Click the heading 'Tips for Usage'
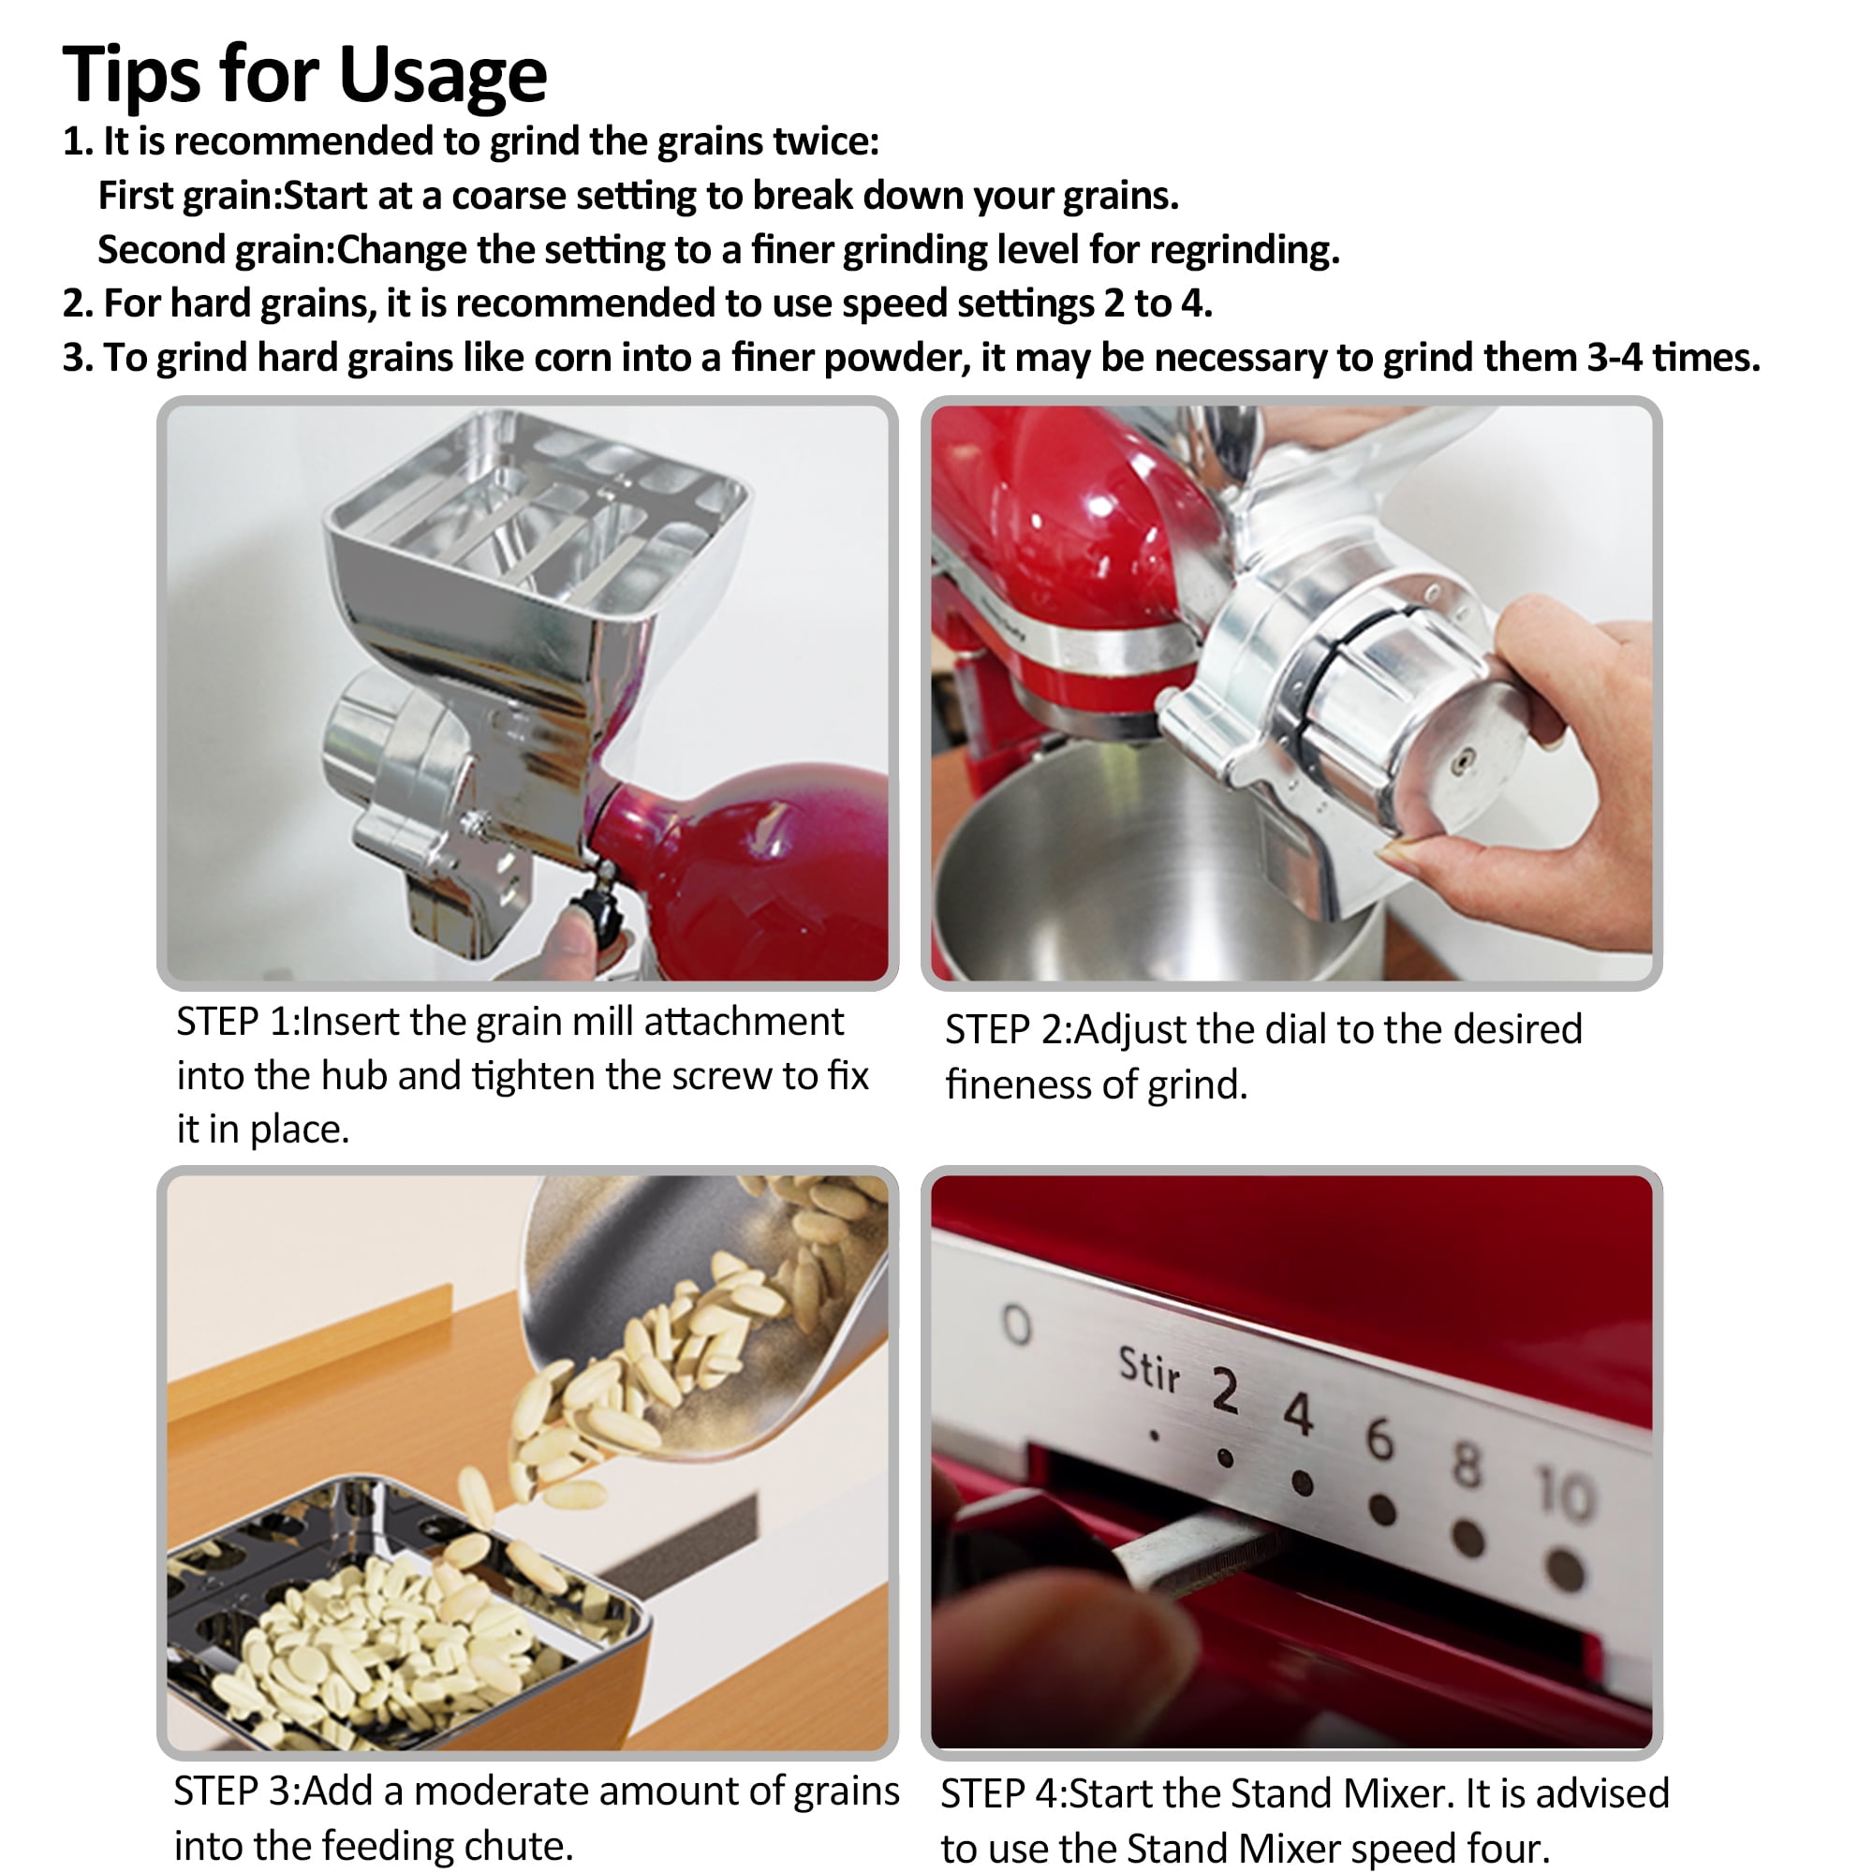[x=304, y=76]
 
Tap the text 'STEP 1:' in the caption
[x=239, y=1022]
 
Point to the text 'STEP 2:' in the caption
[x=1009, y=1029]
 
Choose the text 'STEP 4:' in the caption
[x=1004, y=1793]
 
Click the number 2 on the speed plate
[x=1224, y=1392]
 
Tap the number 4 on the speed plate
[x=1298, y=1414]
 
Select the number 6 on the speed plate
[x=1379, y=1438]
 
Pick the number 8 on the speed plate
[x=1467, y=1465]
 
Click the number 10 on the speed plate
[x=1563, y=1494]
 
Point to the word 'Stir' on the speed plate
[x=1149, y=1369]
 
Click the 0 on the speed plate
[x=1016, y=1324]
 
